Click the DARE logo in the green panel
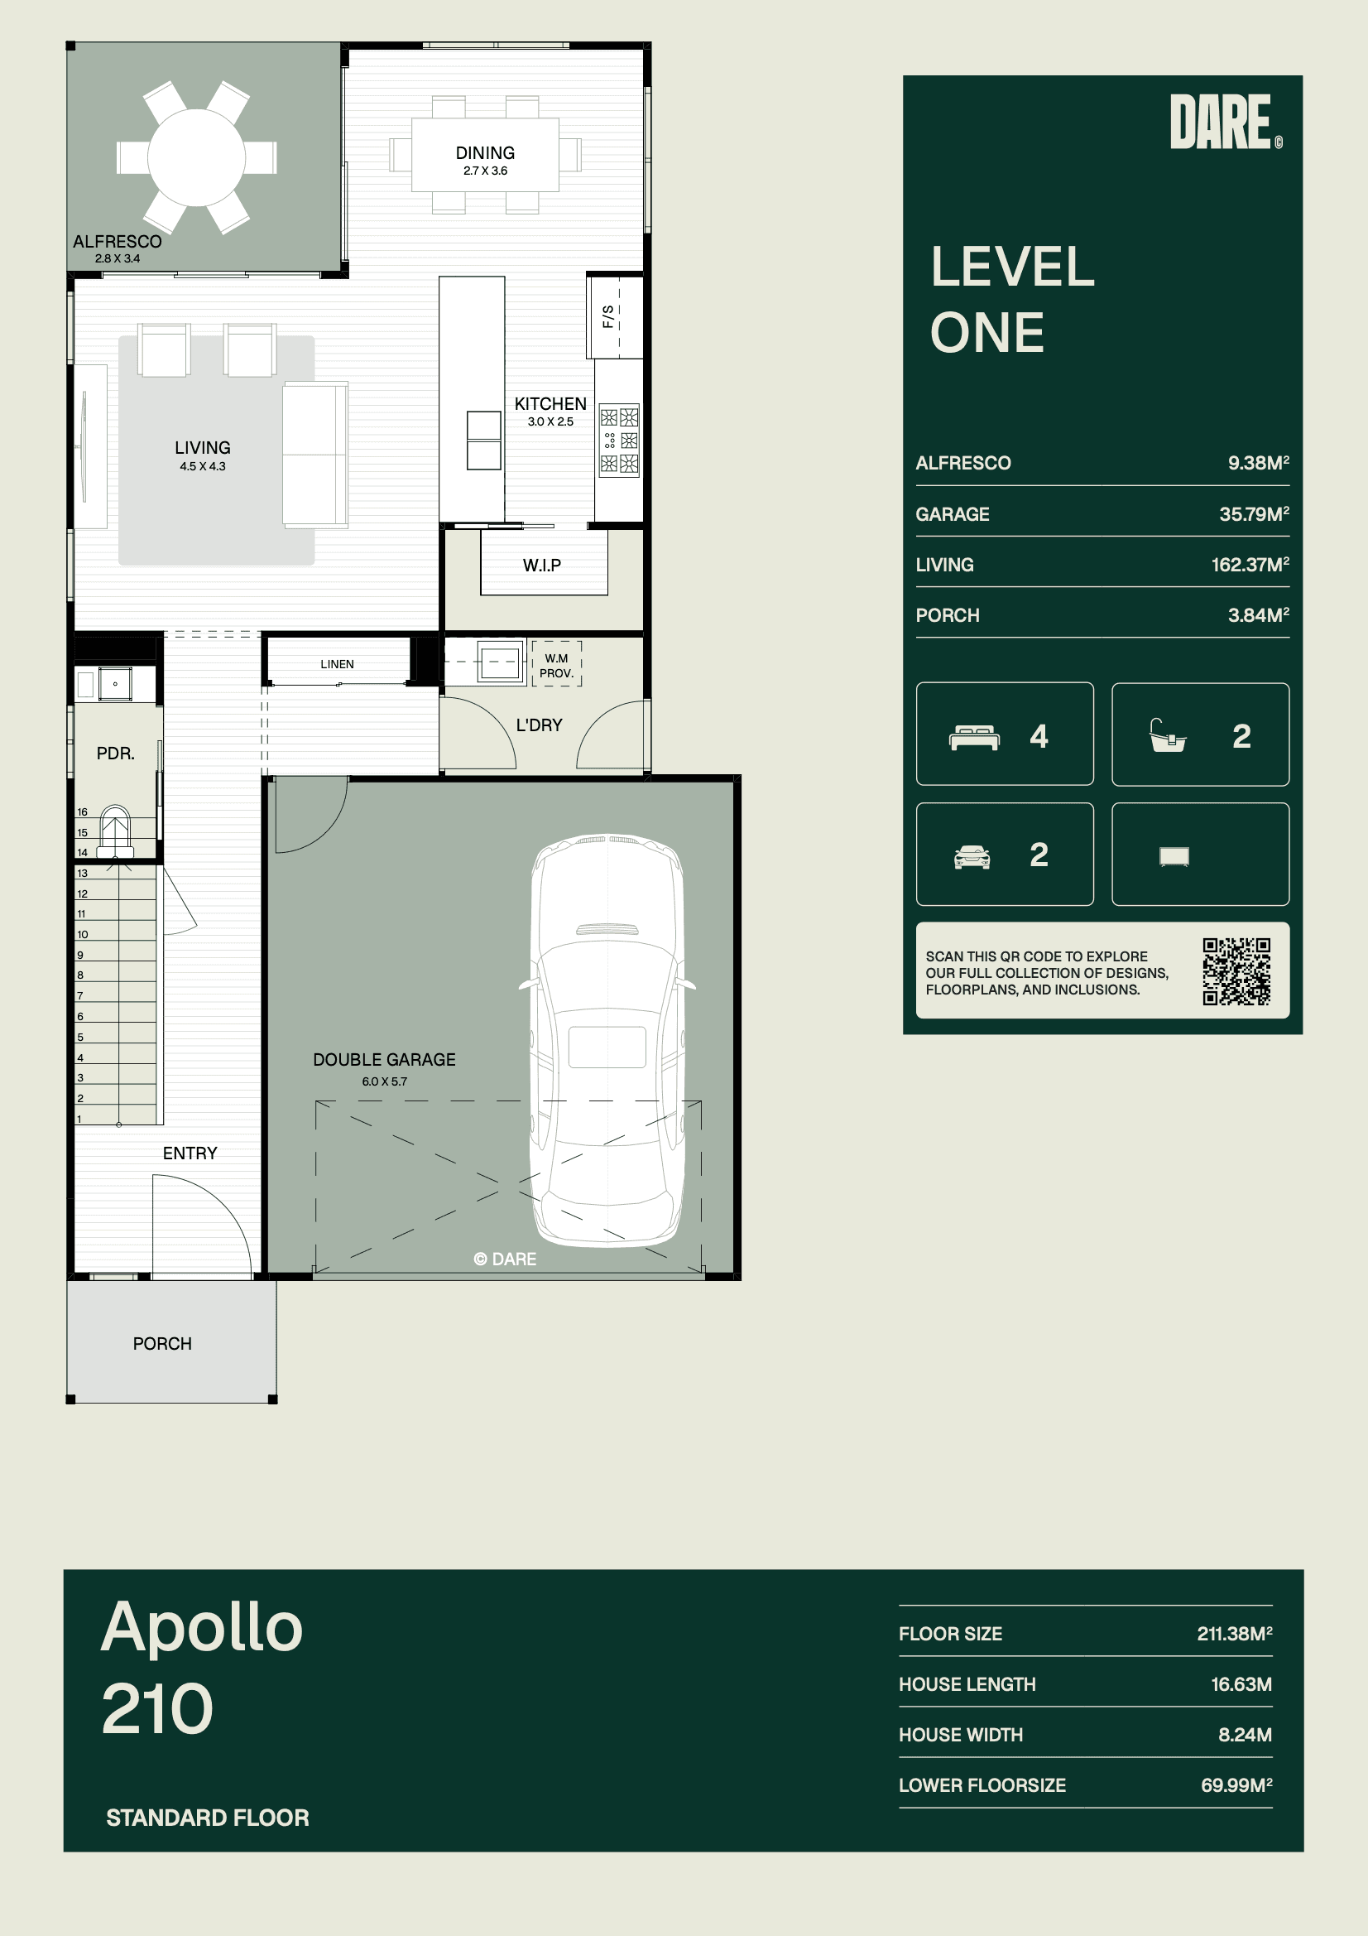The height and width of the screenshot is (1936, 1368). pos(1226,123)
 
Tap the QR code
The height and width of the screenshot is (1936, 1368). pos(1236,971)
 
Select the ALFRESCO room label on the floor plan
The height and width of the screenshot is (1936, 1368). pos(118,242)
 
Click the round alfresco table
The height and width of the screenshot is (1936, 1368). pos(196,157)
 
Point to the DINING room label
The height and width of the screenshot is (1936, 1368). pos(485,153)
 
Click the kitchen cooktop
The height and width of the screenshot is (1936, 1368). pos(619,441)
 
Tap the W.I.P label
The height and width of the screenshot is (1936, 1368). pos(542,565)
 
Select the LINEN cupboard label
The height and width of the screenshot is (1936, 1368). pos(337,664)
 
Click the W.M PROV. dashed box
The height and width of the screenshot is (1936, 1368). pos(556,663)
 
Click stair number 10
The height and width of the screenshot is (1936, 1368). pos(83,934)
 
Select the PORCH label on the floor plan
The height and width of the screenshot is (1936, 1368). pos(163,1344)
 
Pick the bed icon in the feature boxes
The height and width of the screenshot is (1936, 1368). pos(974,738)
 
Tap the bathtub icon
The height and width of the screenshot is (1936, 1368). pos(1169,735)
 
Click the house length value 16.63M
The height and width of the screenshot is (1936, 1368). pos(1241,1684)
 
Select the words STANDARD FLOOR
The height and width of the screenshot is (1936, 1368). pos(208,1817)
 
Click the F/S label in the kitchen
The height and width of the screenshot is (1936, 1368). pos(607,316)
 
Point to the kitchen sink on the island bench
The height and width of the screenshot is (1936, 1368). pos(484,441)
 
